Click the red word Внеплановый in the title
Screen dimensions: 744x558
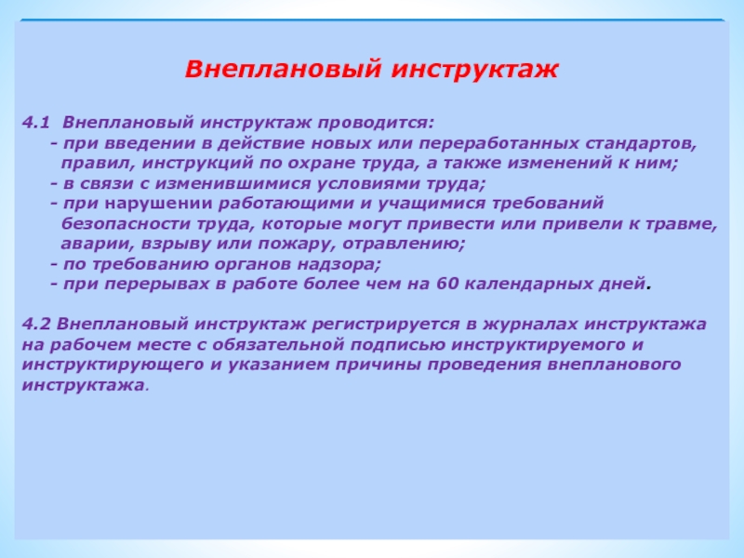pyautogui.click(x=283, y=69)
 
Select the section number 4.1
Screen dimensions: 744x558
pyautogui.click(x=36, y=123)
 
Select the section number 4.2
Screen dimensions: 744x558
pyautogui.click(x=36, y=324)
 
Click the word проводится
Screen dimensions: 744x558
pyautogui.click(x=376, y=124)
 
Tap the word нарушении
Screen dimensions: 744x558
pyautogui.click(x=158, y=204)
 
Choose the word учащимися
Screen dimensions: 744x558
pyautogui.click(x=432, y=204)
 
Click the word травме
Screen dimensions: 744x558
pyautogui.click(x=683, y=224)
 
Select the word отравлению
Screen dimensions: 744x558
pyautogui.click(x=404, y=245)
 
